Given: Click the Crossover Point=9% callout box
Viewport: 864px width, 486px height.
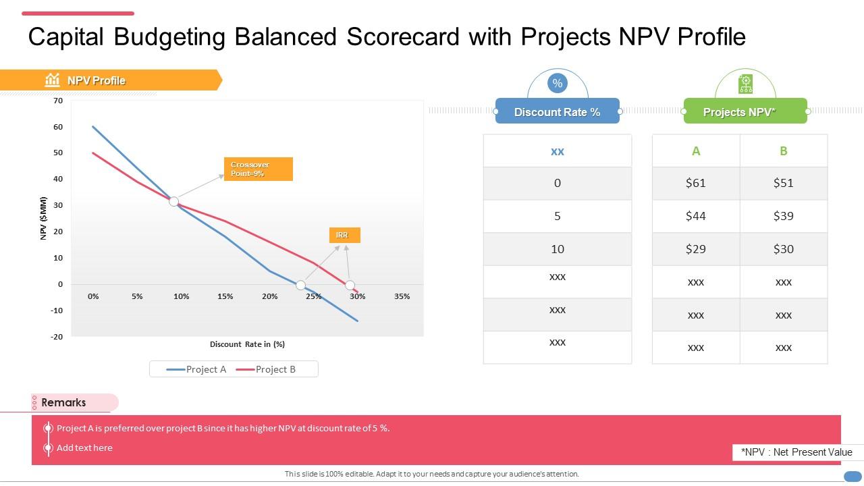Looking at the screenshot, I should pos(258,169).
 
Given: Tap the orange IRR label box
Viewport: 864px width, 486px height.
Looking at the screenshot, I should pos(344,235).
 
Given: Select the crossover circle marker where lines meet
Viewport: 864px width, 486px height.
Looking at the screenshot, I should pos(173,201).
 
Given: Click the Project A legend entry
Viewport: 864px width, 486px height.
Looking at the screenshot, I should pos(197,369).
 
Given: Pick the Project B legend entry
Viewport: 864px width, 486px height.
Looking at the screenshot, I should pos(267,369).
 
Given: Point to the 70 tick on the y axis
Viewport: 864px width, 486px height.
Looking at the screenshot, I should pos(58,101).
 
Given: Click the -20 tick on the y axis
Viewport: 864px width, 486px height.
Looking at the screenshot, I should pos(57,337).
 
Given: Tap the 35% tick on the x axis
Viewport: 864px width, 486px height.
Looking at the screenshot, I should pos(402,296).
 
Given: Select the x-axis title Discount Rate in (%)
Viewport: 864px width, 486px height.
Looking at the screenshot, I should pos(247,344).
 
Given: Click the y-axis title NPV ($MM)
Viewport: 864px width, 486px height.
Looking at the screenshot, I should pos(44,218).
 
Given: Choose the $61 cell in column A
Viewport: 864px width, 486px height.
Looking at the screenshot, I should pos(695,183).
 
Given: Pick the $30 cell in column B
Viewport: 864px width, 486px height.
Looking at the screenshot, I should pos(783,249).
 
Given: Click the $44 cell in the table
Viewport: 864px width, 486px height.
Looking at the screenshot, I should pos(695,216).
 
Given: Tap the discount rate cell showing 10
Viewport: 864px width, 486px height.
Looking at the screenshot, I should pos(557,249).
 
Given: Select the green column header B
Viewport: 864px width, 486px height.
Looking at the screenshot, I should pos(783,151).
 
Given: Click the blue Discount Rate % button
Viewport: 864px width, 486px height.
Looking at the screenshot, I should pos(557,112).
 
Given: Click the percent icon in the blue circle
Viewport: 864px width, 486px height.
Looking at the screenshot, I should pos(557,84).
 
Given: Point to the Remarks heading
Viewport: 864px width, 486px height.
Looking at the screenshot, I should pos(63,402).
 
